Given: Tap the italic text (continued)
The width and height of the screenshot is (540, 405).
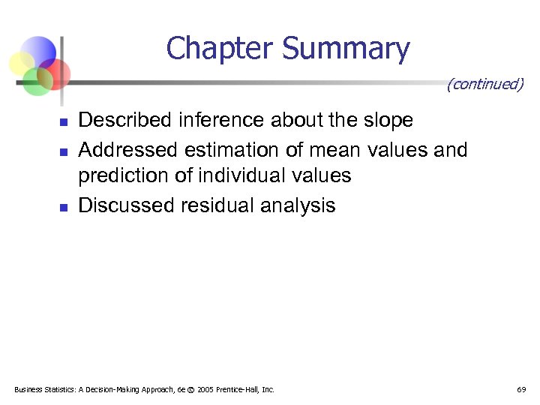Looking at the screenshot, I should [484, 84].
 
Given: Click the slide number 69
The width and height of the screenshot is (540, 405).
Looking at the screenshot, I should [520, 390].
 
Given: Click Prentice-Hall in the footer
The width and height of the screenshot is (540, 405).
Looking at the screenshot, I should [244, 390].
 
